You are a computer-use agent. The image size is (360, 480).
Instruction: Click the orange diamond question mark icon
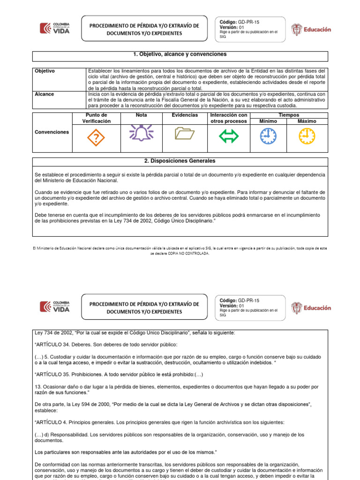(x=96, y=137)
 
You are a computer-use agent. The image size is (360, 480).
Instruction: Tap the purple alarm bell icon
(x=141, y=133)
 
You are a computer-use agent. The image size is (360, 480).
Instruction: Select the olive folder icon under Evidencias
(x=184, y=135)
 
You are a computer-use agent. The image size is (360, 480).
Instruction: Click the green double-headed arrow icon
(x=229, y=136)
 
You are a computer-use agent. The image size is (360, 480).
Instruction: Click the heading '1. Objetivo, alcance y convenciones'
(x=180, y=55)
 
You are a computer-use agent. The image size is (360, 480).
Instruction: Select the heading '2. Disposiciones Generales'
(x=180, y=161)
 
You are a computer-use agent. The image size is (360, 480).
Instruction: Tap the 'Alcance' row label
(x=45, y=94)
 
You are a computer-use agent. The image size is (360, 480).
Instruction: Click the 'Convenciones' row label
(x=52, y=132)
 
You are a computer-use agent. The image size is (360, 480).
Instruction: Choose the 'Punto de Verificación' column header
(x=97, y=118)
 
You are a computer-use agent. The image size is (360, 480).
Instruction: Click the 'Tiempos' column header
(x=288, y=115)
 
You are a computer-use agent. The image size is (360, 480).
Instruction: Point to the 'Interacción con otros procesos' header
(x=229, y=118)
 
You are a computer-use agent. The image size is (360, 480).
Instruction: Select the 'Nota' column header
(x=141, y=115)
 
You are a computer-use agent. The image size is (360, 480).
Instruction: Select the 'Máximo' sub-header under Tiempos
(x=307, y=121)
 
